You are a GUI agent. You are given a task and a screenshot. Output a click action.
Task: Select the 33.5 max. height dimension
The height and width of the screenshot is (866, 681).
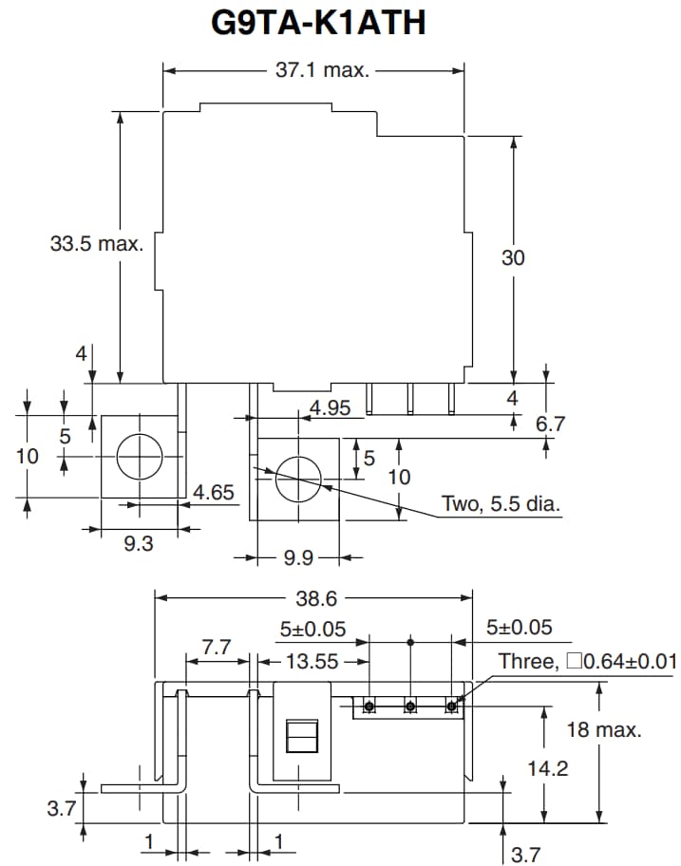click(97, 244)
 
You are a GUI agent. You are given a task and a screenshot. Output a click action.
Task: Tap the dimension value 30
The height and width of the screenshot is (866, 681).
click(513, 257)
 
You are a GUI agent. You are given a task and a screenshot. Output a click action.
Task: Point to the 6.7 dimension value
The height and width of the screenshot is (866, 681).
click(550, 424)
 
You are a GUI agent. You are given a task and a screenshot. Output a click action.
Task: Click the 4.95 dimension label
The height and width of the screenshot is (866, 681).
click(330, 408)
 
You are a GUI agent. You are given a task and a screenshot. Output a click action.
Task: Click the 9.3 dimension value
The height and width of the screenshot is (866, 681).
click(139, 543)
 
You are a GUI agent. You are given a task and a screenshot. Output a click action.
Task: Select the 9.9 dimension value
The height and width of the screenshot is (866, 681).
click(299, 557)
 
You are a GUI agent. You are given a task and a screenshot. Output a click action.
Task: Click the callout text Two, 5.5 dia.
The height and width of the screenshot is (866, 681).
click(501, 504)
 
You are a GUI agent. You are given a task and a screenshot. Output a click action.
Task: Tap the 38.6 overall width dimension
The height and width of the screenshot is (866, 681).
click(313, 598)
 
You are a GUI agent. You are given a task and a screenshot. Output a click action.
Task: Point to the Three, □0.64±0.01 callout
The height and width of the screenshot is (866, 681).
click(587, 661)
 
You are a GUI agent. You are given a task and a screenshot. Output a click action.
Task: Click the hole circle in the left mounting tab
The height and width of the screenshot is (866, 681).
click(140, 458)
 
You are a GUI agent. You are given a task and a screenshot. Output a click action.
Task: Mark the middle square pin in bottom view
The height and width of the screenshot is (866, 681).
click(410, 706)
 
